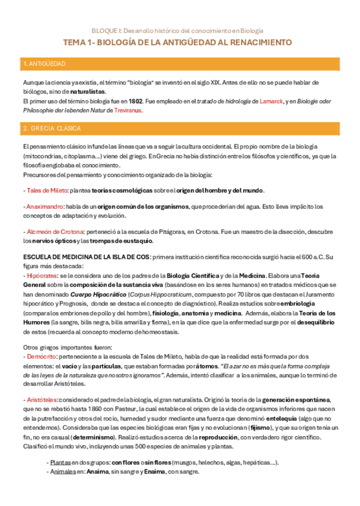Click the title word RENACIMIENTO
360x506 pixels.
[262, 43]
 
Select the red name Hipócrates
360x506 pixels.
[41, 276]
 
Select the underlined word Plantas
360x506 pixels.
[61, 462]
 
